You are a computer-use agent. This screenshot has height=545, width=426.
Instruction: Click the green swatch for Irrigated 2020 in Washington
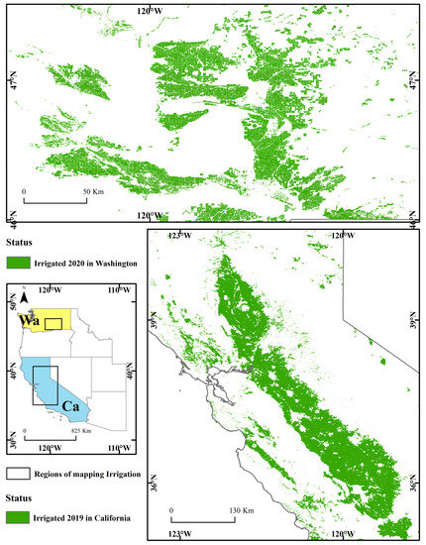19,263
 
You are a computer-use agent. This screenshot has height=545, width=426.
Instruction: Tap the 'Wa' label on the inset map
32,323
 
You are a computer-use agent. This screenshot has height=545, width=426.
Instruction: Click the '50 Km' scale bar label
93,190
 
